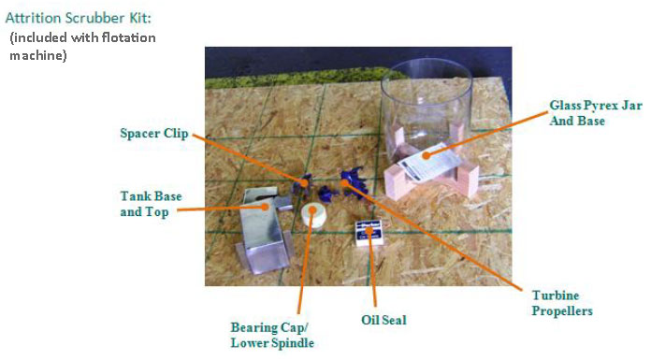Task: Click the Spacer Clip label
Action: tap(154, 134)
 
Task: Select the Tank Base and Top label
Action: tap(151, 204)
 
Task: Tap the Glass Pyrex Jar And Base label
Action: tap(596, 113)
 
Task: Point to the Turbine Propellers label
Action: tap(562, 303)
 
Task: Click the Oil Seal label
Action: tap(383, 320)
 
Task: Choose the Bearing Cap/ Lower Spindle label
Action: tap(272, 336)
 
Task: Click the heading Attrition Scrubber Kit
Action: tap(79, 18)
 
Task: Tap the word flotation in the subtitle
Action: tap(129, 37)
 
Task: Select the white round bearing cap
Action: tap(313, 214)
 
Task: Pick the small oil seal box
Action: tap(369, 233)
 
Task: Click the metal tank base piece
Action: tap(264, 230)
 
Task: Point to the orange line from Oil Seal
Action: tap(372, 271)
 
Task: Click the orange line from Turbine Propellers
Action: tap(433, 236)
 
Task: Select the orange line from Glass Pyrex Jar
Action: tap(485, 134)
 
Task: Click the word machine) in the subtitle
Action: tap(37, 55)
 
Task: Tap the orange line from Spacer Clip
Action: tap(250, 160)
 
